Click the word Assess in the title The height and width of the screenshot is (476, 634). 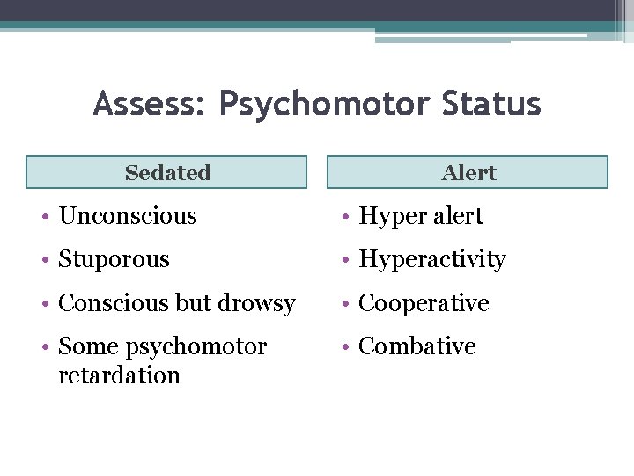[146, 105]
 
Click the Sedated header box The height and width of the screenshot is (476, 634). [166, 173]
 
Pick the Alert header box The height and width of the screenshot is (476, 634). [468, 173]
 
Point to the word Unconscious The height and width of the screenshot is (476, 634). [127, 216]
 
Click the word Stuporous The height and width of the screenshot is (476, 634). [114, 259]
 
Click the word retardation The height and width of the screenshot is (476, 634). [119, 375]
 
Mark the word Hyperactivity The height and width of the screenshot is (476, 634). [432, 260]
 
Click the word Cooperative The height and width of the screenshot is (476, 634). [424, 303]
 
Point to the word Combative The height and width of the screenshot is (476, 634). [417, 346]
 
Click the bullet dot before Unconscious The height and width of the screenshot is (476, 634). [43, 217]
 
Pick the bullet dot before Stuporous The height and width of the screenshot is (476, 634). [43, 260]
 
